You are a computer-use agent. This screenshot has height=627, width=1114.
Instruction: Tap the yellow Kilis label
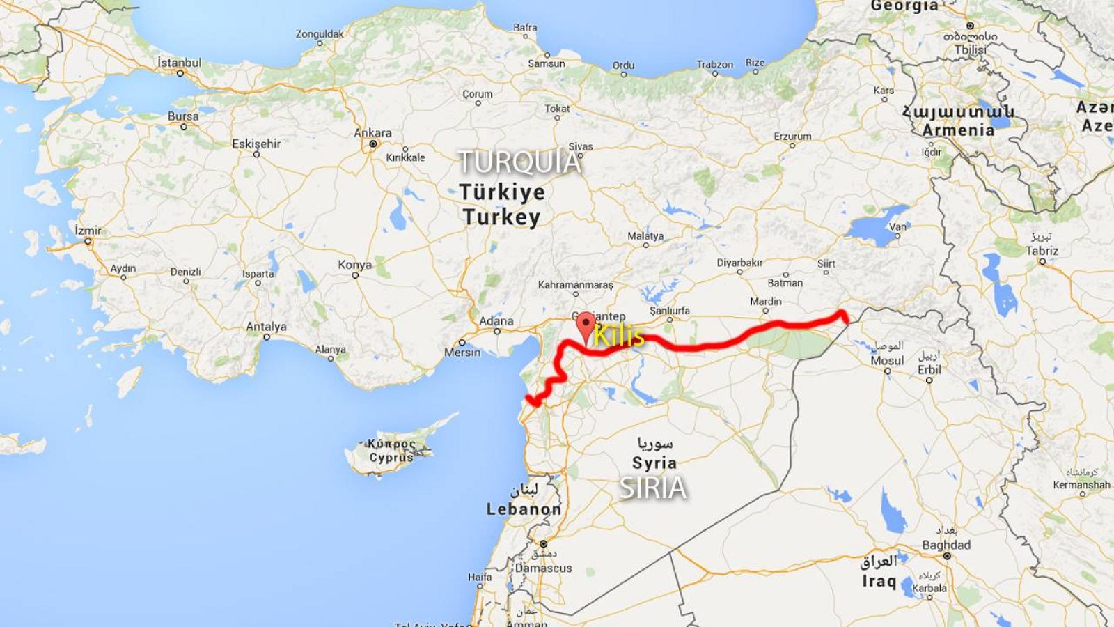click(619, 336)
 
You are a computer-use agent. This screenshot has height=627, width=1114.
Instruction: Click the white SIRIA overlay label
click(653, 488)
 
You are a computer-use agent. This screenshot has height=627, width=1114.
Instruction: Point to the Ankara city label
click(372, 133)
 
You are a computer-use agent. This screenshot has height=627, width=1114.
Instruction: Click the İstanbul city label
click(180, 63)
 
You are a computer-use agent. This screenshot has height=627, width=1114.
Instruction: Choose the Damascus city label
click(543, 568)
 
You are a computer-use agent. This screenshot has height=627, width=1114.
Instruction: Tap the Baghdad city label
click(946, 545)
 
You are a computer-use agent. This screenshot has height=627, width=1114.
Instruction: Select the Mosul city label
click(887, 361)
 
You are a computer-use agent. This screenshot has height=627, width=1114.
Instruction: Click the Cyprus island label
click(391, 458)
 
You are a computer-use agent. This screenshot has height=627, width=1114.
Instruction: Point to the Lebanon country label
click(524, 509)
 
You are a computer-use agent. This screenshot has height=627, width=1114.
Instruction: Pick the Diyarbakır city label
click(739, 263)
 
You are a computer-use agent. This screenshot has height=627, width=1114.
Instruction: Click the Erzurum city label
click(792, 137)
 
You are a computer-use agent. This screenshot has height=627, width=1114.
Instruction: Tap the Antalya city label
click(266, 326)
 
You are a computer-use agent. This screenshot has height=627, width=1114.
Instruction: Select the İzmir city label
click(88, 231)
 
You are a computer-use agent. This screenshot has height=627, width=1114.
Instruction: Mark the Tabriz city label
click(1042, 251)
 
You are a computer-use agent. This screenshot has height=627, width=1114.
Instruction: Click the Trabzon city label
click(715, 65)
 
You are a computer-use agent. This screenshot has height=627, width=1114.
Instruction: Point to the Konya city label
click(354, 265)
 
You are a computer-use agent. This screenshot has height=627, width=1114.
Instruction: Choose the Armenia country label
click(958, 130)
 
